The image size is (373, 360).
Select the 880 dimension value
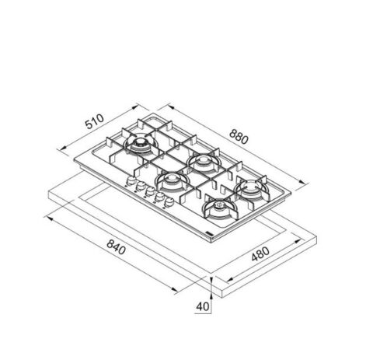239,137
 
